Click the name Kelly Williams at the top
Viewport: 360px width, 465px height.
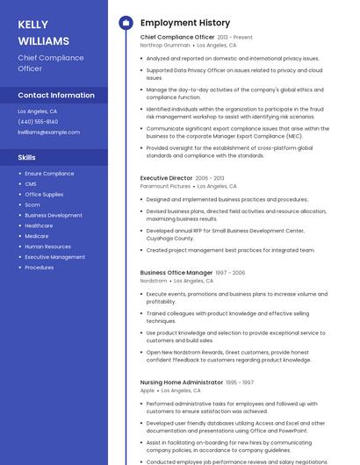click(x=43, y=32)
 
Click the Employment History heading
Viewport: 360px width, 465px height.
click(x=184, y=23)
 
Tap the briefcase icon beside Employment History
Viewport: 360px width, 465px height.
click(x=126, y=23)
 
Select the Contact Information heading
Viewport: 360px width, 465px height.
click(x=56, y=95)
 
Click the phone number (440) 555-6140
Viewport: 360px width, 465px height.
click(x=38, y=122)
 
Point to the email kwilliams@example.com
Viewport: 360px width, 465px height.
click(x=48, y=132)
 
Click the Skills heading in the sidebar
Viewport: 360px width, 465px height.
click(x=27, y=157)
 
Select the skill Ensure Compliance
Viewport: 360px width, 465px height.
click(x=49, y=174)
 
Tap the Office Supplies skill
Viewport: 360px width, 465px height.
click(x=44, y=195)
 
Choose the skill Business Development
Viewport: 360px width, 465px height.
click(x=54, y=215)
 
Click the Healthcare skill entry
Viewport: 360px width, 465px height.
click(x=39, y=225)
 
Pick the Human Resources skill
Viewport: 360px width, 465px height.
click(x=47, y=247)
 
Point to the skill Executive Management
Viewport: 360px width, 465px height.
click(x=54, y=257)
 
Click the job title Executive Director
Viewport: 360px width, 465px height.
click(x=166, y=178)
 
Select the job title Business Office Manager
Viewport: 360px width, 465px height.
click(x=176, y=273)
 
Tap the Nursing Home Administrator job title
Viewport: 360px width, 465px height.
click(x=181, y=383)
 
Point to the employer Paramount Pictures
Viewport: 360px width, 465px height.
click(x=165, y=186)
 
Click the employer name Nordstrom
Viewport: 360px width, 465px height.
click(x=154, y=281)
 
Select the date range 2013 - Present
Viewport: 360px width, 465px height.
click(x=234, y=38)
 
